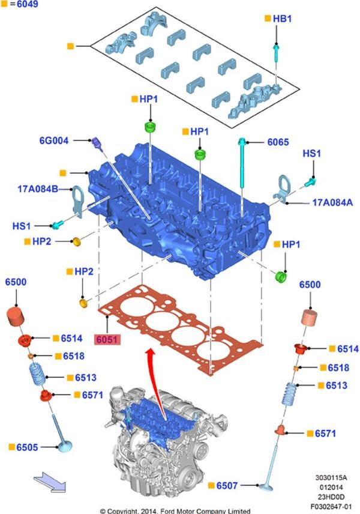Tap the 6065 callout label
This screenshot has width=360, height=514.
tap(278, 142)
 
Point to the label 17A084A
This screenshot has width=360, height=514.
tap(332, 203)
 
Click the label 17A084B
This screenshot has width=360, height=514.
tap(38, 189)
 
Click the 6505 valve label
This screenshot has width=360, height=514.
tap(26, 447)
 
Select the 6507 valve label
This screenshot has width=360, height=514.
tap(228, 485)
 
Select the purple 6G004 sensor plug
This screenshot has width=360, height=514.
tap(97, 144)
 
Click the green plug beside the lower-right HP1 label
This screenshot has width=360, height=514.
tap(280, 278)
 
